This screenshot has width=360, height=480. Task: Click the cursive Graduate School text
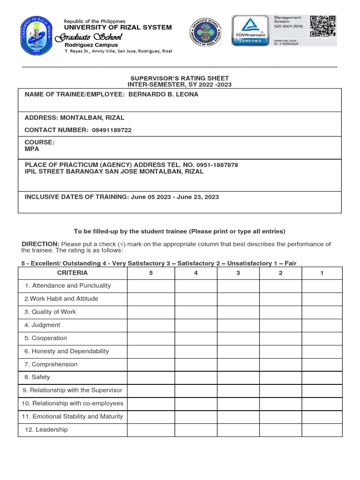89,37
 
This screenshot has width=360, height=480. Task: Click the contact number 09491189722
112,130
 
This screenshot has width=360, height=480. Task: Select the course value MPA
32,149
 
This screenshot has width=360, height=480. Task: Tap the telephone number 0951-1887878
217,165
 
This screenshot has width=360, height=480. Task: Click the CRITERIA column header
72,273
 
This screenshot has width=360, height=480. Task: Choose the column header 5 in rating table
151,273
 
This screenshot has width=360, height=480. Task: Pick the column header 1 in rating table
322,273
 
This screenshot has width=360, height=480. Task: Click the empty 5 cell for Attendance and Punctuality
151,285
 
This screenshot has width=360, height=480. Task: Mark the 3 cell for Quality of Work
238,312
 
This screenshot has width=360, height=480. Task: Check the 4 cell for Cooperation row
196,338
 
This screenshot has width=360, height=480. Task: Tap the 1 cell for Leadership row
322,430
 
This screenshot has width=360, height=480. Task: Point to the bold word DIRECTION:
41,244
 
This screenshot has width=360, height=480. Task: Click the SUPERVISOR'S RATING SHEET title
180,78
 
